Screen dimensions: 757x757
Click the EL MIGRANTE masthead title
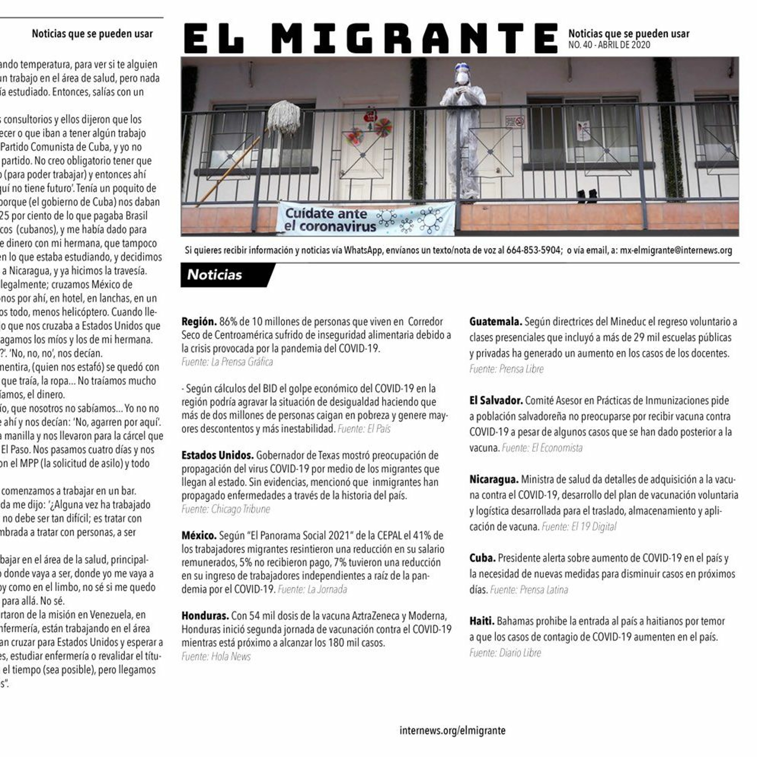pos(370,38)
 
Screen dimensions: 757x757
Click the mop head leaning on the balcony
pos(284,117)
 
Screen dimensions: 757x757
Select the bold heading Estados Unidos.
pos(217,455)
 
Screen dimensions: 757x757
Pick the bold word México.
pos(199,536)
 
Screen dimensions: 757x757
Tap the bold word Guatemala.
pos(495,322)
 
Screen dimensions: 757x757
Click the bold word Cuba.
pos(482,558)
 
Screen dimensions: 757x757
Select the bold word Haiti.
pos(481,621)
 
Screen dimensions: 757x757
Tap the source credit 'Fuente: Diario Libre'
pos(505,653)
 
